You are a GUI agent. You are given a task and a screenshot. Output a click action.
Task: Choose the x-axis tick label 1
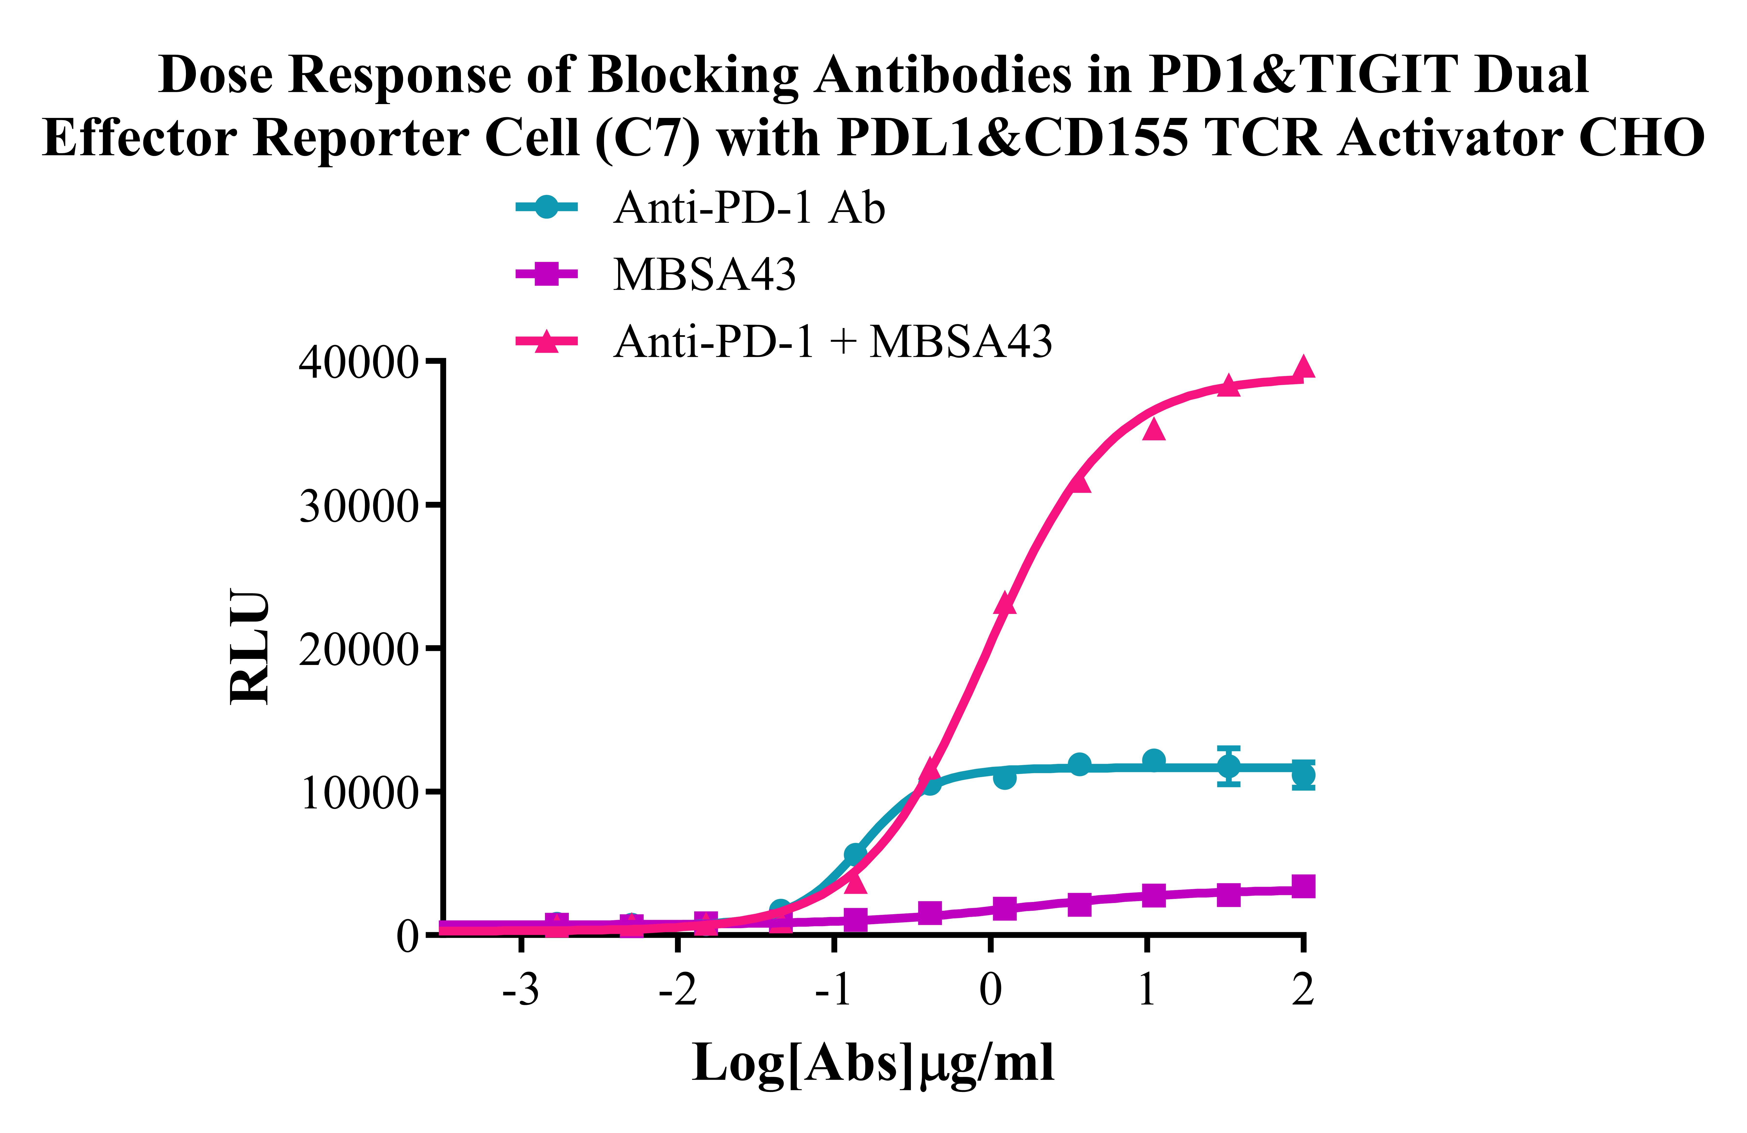(x=1147, y=990)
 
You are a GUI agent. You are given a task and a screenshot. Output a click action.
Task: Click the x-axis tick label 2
(x=1303, y=990)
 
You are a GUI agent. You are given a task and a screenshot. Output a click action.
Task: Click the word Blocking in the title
(x=694, y=75)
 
